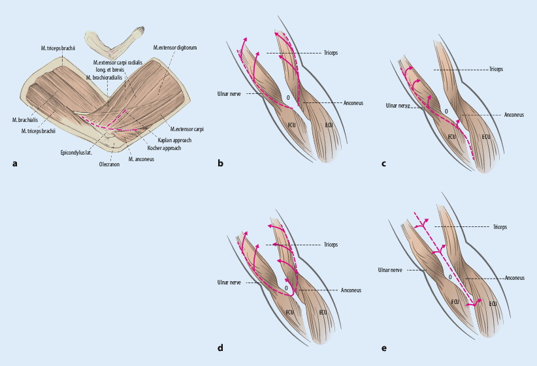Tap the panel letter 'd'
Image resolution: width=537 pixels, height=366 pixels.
220,348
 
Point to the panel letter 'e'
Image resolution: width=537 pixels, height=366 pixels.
384,348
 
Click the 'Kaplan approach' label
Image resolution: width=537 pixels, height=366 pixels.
174,140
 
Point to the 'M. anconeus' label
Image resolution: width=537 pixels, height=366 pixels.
142,159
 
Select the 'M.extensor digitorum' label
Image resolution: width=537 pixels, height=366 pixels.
175,47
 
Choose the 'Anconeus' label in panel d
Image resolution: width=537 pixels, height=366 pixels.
351,290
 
